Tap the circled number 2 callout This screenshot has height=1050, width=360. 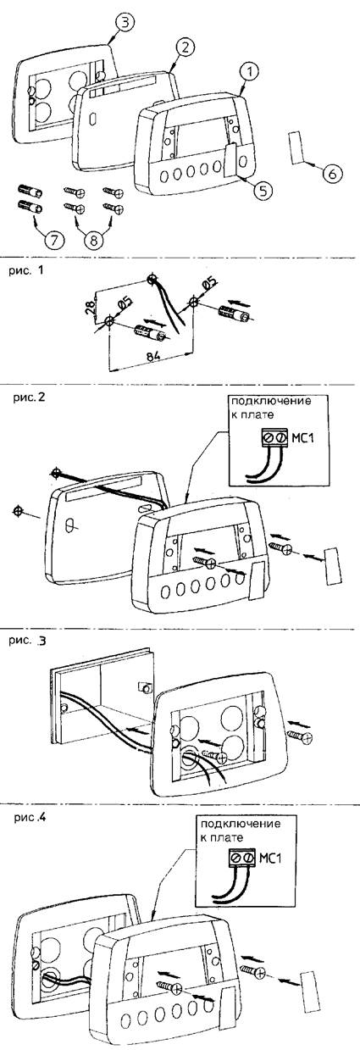186,47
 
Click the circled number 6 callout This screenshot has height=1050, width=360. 331,174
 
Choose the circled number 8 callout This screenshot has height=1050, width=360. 93,240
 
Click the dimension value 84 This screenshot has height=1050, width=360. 153,356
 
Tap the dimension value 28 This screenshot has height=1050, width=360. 91,305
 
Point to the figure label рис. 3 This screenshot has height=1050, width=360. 27,641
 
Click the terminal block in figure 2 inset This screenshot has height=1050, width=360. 274,438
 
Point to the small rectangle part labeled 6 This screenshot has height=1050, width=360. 296,147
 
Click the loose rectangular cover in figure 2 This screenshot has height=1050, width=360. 333,566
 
